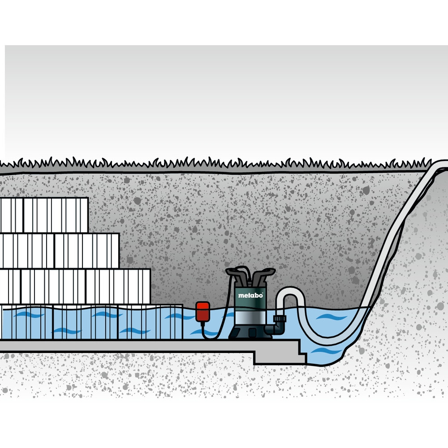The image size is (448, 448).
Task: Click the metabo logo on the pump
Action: point(250,295)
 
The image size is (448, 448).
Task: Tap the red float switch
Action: point(202,312)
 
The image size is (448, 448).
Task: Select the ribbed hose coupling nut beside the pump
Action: point(280,319)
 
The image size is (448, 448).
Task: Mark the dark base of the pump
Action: point(250,332)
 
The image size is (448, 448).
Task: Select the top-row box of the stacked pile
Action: point(44,215)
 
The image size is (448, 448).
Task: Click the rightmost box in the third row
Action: point(118,287)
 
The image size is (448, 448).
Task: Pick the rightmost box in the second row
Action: point(86,251)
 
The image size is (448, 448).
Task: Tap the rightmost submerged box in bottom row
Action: point(150,322)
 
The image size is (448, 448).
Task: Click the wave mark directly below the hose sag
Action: point(325,351)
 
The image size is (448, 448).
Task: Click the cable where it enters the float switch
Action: point(202,323)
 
